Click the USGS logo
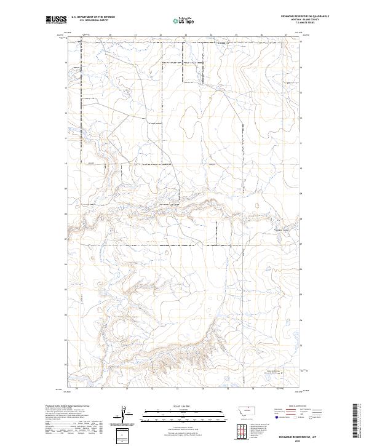(x=56, y=20)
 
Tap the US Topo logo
(x=184, y=21)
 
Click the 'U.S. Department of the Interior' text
(x=93, y=17)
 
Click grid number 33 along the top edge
(x=186, y=35)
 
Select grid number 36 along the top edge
(x=261, y=35)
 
